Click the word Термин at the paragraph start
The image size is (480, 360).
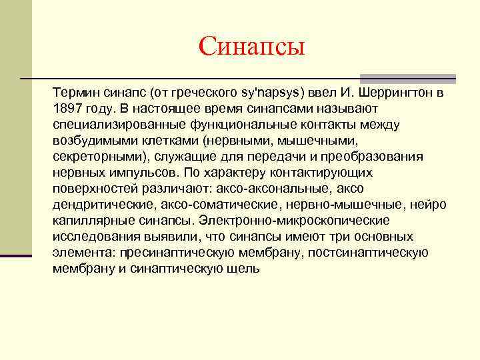(x=75, y=93)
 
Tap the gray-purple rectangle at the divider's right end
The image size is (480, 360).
(x=407, y=79)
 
